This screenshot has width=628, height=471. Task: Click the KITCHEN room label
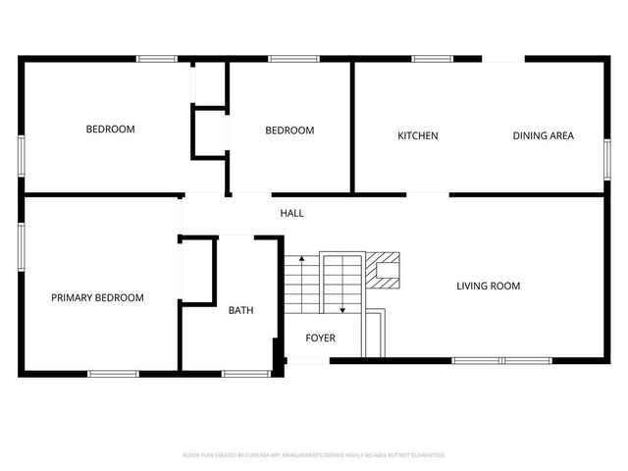click(417, 135)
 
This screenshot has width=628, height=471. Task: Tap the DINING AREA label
click(543, 135)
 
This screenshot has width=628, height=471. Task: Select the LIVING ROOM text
click(488, 287)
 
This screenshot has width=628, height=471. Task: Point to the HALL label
click(291, 213)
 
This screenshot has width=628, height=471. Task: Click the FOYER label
click(320, 338)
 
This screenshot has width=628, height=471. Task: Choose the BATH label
click(240, 310)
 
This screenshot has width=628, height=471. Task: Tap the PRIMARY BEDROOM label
click(97, 298)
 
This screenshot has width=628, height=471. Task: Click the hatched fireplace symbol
click(385, 271)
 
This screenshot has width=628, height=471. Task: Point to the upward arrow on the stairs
click(301, 258)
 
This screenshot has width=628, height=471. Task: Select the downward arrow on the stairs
click(341, 310)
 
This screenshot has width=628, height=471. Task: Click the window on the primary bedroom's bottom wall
click(113, 373)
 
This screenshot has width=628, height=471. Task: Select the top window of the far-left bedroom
click(156, 59)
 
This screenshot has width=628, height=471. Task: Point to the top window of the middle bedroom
click(288, 59)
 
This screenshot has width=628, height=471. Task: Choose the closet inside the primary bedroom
click(197, 270)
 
